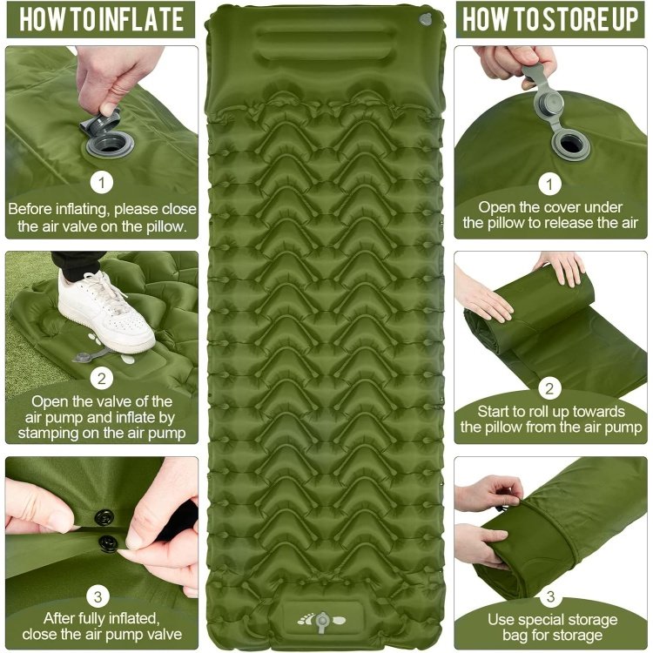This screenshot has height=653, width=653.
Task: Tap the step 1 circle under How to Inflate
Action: point(103,183)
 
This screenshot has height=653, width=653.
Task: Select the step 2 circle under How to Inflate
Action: point(103,378)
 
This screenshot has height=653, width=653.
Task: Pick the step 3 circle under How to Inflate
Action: point(103,596)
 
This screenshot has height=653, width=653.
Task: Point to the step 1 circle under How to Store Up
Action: point(550,184)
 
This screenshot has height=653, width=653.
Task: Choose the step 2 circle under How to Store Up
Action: point(550,388)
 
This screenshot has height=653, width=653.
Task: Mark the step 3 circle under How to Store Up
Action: point(550,596)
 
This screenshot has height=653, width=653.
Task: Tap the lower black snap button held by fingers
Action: point(109,544)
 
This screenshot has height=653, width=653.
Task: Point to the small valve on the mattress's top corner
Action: point(424,18)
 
